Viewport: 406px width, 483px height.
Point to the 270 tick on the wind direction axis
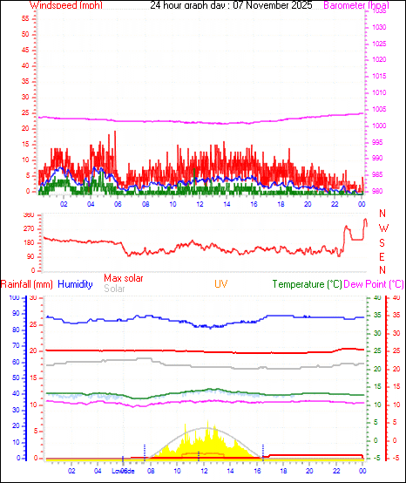29,228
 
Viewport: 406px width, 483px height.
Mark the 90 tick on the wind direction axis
30,256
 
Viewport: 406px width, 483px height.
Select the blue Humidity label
75,284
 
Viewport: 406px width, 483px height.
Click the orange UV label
221,284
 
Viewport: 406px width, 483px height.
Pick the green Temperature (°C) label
307,284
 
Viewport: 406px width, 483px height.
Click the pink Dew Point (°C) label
374,284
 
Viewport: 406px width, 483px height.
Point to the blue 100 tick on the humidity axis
13,298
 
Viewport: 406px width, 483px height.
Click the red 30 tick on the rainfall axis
33,298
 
